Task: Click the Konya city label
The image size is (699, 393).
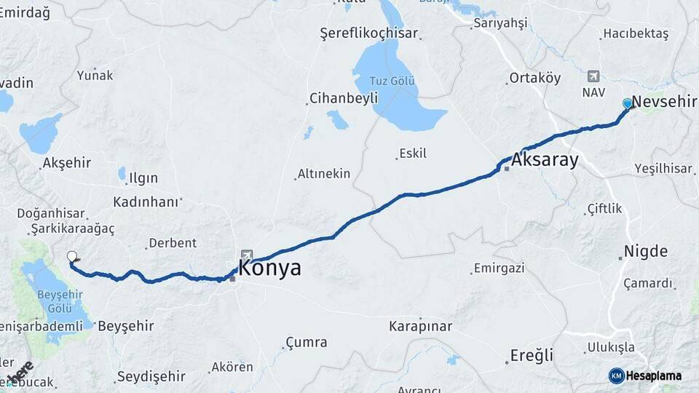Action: [269, 268]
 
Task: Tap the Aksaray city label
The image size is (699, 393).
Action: [545, 160]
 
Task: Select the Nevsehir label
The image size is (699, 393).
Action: [665, 102]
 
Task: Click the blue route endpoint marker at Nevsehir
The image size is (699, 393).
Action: [628, 103]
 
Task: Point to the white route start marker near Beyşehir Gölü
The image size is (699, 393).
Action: [71, 255]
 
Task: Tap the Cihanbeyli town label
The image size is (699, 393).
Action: [344, 98]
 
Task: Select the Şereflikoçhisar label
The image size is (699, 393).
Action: [369, 33]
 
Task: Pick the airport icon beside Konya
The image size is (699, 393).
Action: [247, 255]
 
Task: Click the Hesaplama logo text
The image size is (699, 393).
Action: [653, 376]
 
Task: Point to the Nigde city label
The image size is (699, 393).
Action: [646, 252]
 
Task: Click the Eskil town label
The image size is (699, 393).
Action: [413, 154]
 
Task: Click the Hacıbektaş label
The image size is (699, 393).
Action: [635, 34]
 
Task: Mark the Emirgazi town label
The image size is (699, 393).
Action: [499, 269]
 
